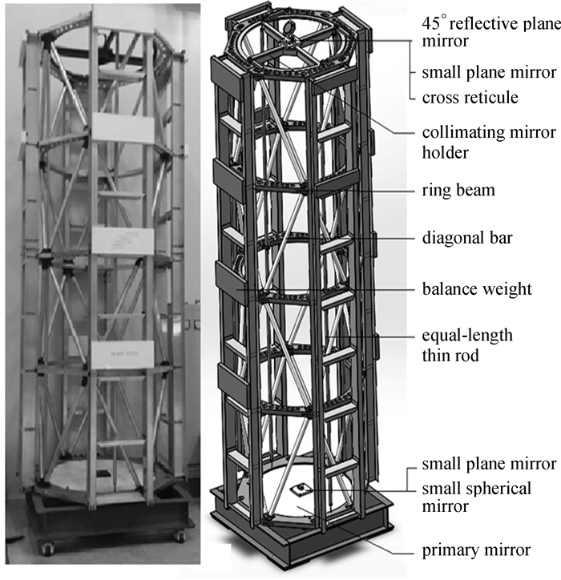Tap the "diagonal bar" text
point(467,238)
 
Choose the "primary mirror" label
point(476,550)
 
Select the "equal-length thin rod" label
point(466,344)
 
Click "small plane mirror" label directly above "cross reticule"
point(489,72)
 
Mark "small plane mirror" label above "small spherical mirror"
point(489,465)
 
